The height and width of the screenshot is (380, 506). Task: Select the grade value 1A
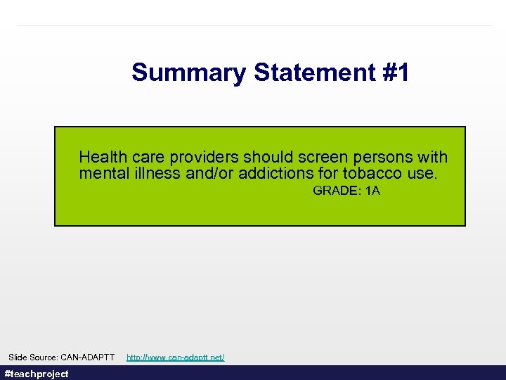click(373, 191)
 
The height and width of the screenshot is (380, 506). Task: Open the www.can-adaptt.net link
click(175, 357)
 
